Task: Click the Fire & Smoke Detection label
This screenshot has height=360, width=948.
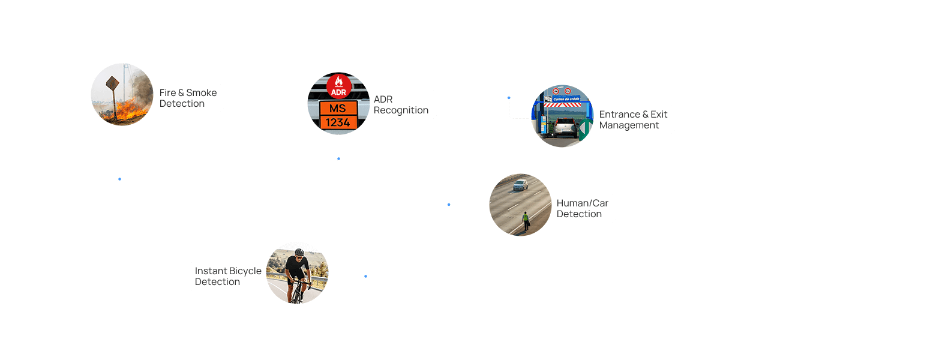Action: coord(188,98)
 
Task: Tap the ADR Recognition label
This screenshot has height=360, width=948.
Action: coord(400,104)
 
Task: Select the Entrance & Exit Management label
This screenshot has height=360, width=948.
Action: coord(632,119)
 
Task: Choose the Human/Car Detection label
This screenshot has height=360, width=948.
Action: coord(582,208)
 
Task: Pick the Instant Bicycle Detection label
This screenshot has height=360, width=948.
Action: coord(228,276)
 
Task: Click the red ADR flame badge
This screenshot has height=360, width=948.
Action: coord(339,86)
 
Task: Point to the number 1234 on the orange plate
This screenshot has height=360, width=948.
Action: coord(338,122)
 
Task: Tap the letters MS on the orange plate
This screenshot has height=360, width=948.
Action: coord(338,108)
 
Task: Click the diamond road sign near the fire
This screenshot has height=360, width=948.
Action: coord(112,83)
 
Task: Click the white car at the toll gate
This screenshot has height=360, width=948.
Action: coord(565,127)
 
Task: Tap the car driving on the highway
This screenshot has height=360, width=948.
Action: coord(520,185)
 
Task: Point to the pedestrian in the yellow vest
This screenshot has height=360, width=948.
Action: coord(526,220)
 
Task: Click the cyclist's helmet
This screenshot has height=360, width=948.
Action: coord(299,252)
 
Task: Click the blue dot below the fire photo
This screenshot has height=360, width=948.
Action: coord(119,179)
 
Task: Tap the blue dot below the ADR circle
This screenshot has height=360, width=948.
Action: coord(338,158)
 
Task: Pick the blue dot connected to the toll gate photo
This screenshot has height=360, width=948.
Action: coord(509,98)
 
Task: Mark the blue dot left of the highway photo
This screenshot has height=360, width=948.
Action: coord(449,205)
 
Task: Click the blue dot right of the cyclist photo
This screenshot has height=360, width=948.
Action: coord(365,276)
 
